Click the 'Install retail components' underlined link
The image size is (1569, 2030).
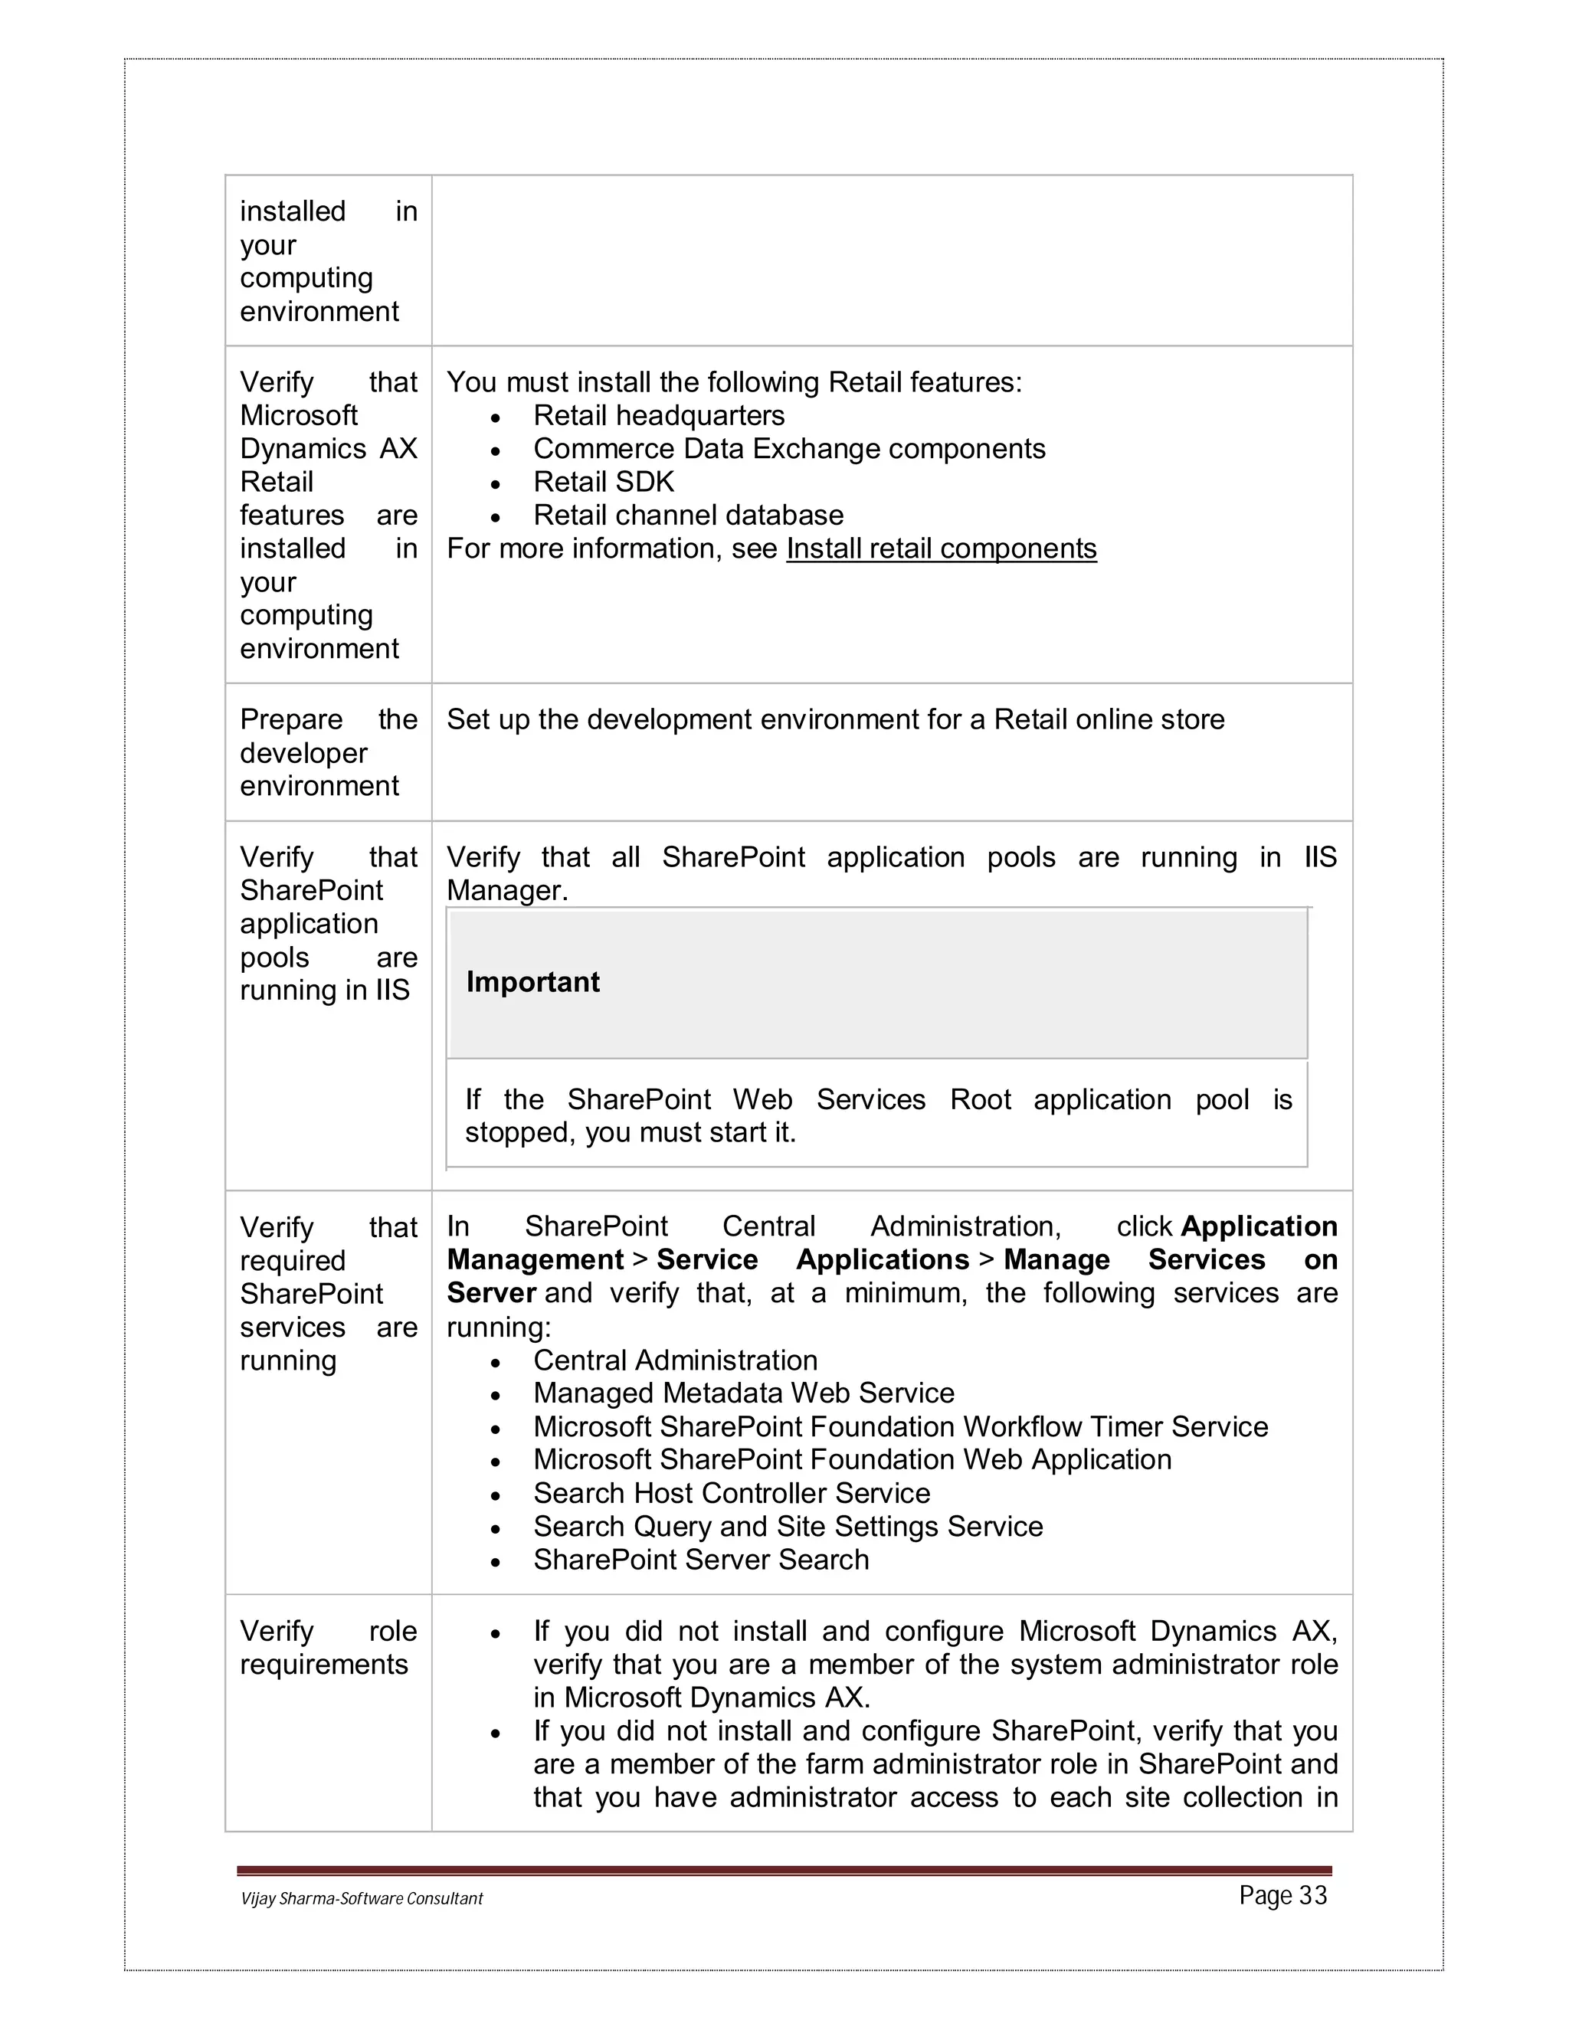[941, 548]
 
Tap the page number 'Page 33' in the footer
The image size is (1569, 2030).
[1282, 1895]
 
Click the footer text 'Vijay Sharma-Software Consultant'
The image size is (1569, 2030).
[362, 1898]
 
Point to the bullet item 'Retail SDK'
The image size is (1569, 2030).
[603, 482]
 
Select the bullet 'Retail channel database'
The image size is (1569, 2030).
[688, 515]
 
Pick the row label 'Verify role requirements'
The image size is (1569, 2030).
[327, 1647]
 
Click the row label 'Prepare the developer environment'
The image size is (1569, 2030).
[327, 752]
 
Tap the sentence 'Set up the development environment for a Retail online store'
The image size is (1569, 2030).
[835, 719]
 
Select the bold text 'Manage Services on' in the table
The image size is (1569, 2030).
[1169, 1259]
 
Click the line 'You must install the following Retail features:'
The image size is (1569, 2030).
[733, 382]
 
